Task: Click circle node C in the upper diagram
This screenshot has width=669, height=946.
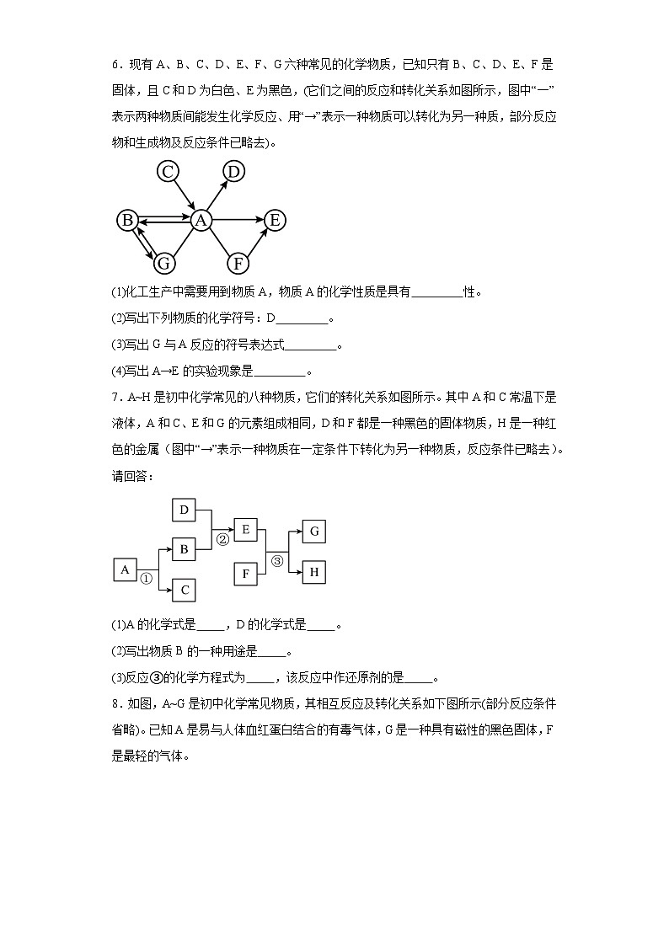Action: click(x=169, y=172)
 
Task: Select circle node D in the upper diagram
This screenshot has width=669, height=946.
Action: click(x=233, y=172)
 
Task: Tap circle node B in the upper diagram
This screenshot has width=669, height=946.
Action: click(x=127, y=221)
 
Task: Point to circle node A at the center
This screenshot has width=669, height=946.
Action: click(x=201, y=221)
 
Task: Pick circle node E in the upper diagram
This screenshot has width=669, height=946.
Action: click(x=275, y=221)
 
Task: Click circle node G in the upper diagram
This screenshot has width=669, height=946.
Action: click(x=164, y=263)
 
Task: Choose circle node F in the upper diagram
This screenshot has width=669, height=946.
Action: click(x=238, y=263)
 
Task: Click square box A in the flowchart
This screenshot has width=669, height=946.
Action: click(x=125, y=570)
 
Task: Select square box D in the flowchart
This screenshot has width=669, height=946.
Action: click(x=184, y=510)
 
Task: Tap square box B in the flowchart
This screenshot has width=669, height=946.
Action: click(x=184, y=550)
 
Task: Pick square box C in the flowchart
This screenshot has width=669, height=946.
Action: click(x=184, y=591)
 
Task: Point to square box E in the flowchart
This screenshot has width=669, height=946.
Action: click(x=245, y=530)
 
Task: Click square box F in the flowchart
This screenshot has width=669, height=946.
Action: click(x=245, y=574)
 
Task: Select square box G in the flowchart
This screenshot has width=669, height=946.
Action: click(x=313, y=532)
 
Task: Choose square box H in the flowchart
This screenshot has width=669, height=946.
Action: click(x=313, y=573)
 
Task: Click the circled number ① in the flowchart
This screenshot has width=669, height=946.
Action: click(x=146, y=579)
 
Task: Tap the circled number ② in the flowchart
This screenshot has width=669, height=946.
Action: click(x=222, y=539)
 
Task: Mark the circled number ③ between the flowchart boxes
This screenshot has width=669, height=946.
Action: click(x=277, y=562)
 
